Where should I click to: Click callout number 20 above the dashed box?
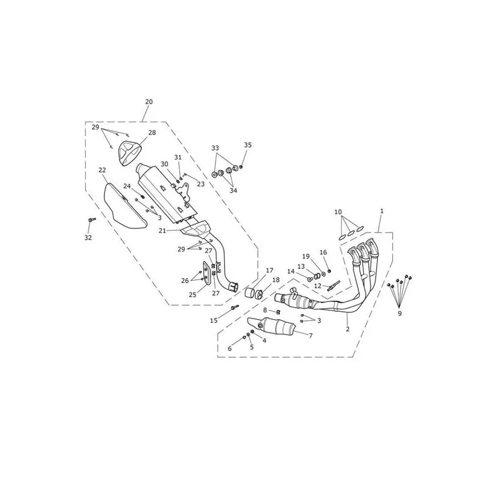coord(149,102)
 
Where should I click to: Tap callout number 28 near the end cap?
coord(152,133)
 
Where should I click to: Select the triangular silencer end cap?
coord(128,152)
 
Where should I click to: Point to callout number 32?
coord(88,238)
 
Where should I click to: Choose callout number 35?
coord(248,145)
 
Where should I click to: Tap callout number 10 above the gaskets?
coord(338,212)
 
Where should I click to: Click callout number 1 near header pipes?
coord(382,211)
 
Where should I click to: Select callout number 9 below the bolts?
coord(400,314)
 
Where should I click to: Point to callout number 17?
coord(269,270)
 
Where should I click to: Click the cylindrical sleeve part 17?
coord(250,294)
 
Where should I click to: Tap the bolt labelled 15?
coord(234,307)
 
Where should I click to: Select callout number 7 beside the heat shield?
coord(311,336)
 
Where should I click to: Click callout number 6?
coord(230,349)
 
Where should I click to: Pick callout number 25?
coord(193,295)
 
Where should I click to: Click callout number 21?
coord(162,231)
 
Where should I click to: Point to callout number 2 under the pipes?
coord(347,329)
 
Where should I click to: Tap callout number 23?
coord(201,184)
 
